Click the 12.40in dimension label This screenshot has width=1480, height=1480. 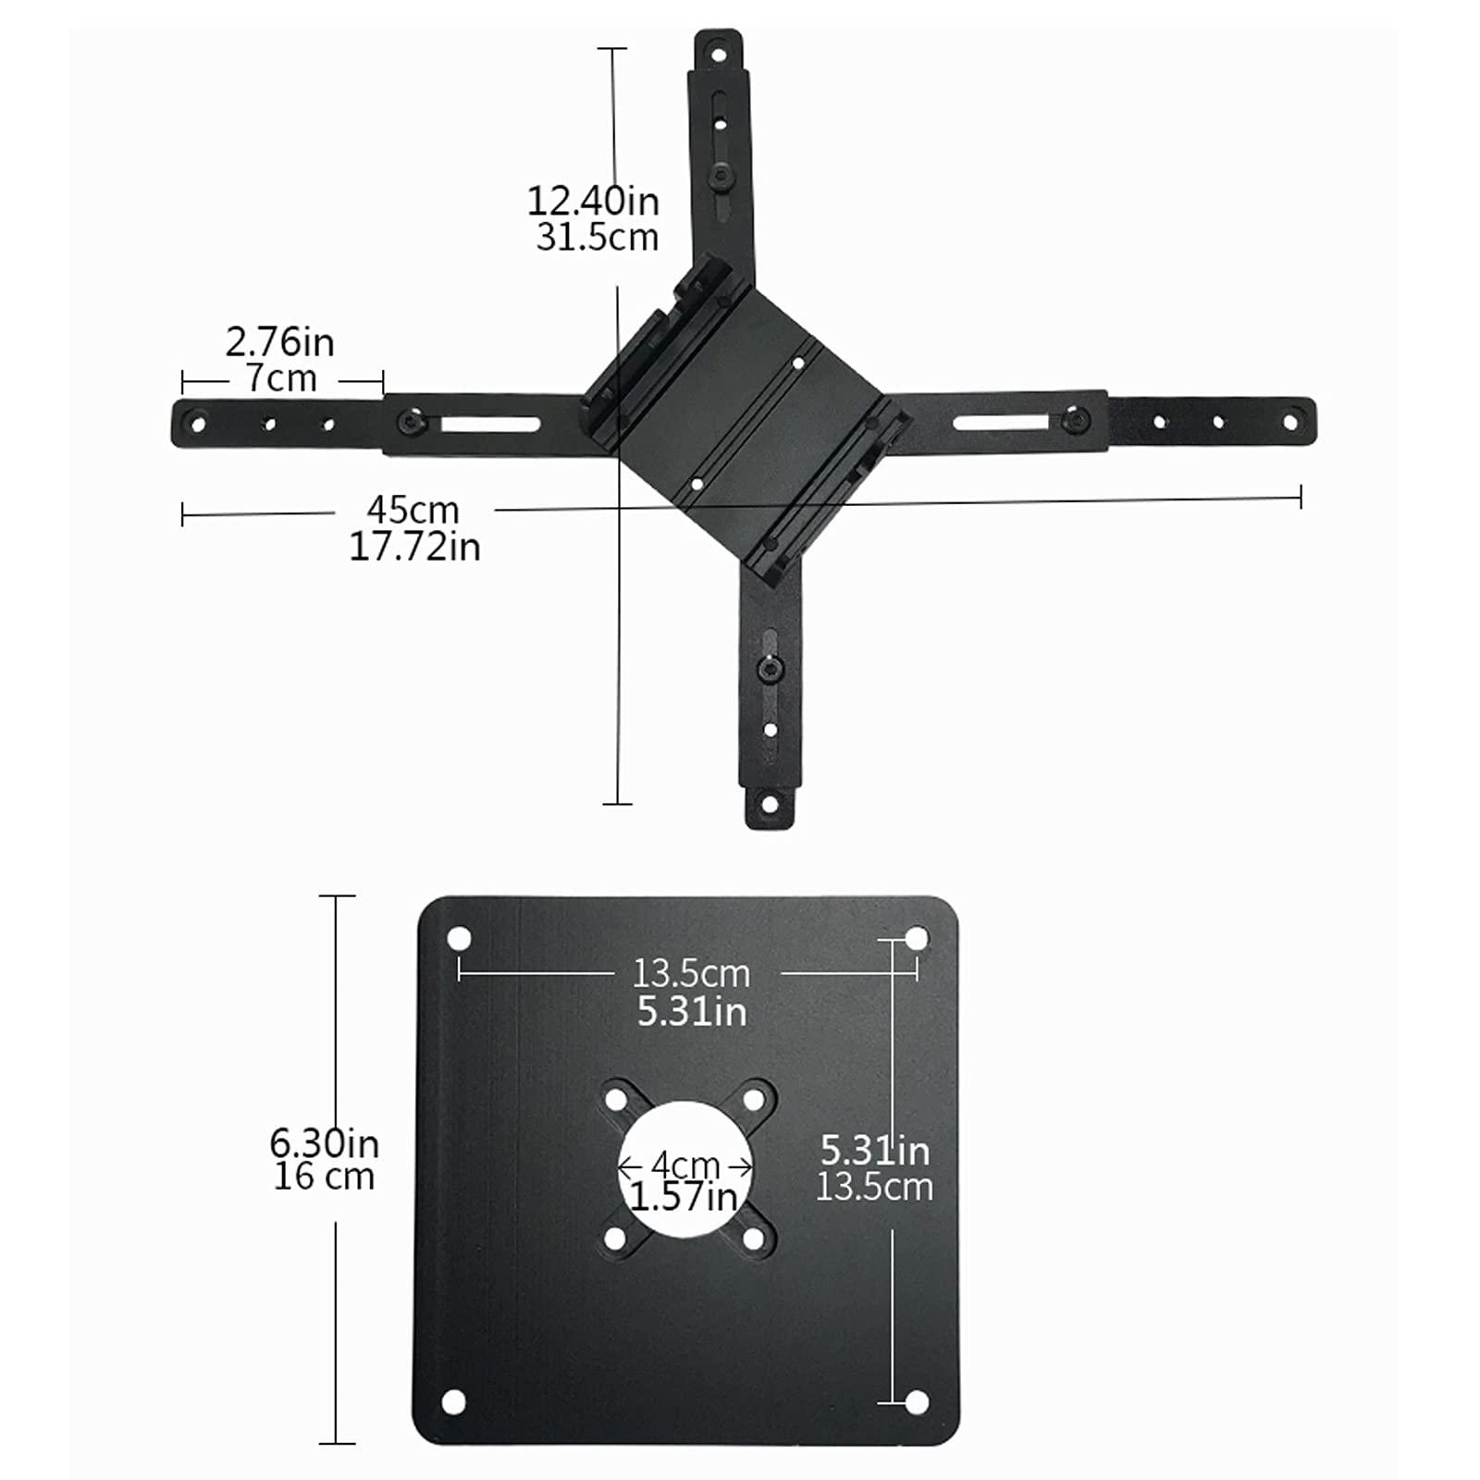[592, 201]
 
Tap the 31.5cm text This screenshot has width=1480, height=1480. [597, 238]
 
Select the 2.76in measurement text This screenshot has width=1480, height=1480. [279, 342]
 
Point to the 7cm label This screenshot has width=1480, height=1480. [281, 378]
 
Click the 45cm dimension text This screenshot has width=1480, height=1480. [413, 510]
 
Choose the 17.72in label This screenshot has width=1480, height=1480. [414, 547]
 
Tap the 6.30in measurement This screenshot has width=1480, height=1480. [324, 1143]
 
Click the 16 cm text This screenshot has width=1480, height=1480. [324, 1178]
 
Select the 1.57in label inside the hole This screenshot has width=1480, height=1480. [684, 1197]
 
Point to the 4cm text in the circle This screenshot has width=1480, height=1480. [685, 1165]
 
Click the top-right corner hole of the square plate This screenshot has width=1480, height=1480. [916, 940]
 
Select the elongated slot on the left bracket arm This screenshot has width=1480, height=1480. [490, 425]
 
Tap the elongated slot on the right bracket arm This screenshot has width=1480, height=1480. [1001, 423]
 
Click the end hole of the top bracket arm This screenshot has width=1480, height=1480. [718, 55]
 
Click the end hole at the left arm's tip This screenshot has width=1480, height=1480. [197, 425]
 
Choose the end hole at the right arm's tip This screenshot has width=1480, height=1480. [1289, 422]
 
